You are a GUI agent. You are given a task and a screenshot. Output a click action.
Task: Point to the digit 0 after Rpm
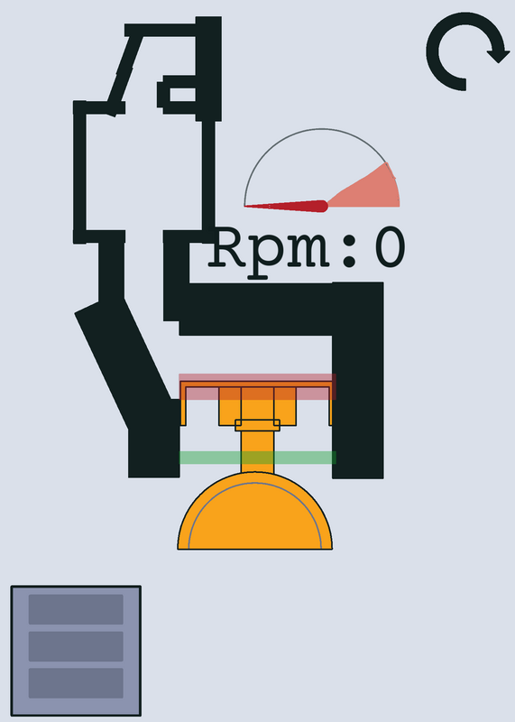click(391, 247)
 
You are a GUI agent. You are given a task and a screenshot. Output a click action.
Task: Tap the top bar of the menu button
click(76, 609)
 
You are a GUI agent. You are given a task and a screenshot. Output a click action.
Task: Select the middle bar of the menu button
click(76, 646)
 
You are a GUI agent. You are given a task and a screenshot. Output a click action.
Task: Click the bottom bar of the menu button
click(76, 683)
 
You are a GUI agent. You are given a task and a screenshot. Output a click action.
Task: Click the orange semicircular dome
click(255, 515)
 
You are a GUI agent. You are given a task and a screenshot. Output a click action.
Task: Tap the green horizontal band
click(258, 458)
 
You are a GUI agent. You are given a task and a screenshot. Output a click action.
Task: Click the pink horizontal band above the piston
click(258, 387)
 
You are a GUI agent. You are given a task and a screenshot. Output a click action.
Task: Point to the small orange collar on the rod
click(257, 425)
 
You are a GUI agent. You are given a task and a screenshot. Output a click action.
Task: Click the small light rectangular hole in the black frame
click(183, 95)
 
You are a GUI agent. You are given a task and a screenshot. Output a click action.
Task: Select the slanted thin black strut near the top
click(124, 74)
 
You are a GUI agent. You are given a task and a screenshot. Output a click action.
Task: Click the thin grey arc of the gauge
click(321, 129)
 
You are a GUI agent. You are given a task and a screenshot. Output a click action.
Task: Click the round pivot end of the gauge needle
click(322, 206)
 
